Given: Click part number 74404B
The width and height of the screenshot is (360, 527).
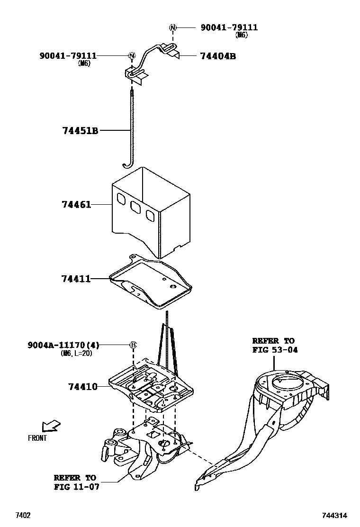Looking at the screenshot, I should point(218,56).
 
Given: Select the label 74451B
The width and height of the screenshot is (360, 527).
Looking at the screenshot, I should point(80,130).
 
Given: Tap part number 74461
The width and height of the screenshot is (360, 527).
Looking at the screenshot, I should point(76,204).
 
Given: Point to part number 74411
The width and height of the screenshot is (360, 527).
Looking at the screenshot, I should point(76,279).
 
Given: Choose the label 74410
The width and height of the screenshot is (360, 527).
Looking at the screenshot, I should point(79,387).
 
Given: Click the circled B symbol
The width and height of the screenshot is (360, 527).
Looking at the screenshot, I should point(133,345).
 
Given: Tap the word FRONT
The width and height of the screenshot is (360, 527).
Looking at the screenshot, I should point(37,438).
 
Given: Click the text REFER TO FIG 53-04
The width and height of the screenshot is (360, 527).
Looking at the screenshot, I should point(273,345).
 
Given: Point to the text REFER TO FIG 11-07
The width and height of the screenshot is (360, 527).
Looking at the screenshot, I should point(76,482).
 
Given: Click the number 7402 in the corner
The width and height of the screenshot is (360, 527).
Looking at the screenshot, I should point(23,515).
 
